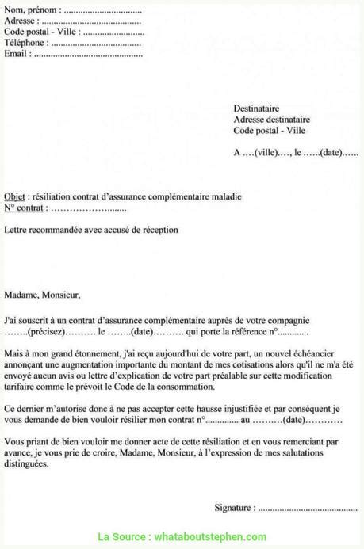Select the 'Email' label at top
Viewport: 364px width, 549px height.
pyautogui.click(x=17, y=54)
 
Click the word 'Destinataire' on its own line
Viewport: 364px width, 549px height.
pyautogui.click(x=256, y=109)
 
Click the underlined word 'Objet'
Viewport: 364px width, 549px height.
pyautogui.click(x=14, y=196)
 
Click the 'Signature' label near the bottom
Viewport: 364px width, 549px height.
pyautogui.click(x=235, y=507)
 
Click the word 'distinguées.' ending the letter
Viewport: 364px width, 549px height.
pyautogui.click(x=26, y=463)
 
